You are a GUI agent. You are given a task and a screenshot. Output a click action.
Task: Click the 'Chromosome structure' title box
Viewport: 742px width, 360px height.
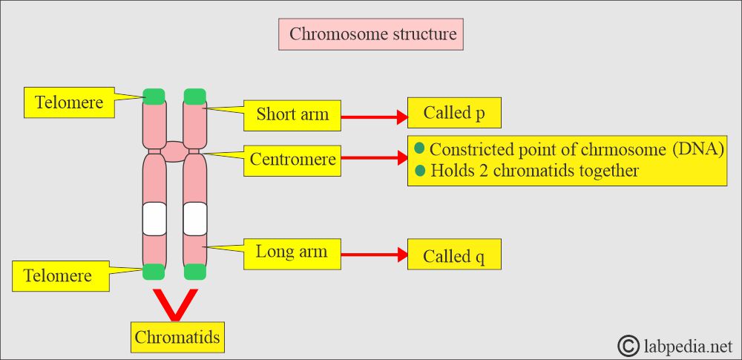370,34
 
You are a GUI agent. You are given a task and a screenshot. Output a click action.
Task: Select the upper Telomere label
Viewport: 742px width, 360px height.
69,102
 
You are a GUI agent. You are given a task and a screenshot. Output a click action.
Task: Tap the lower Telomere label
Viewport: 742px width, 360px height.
61,275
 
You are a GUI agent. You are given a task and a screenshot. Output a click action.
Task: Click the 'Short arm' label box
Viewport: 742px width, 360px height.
292,115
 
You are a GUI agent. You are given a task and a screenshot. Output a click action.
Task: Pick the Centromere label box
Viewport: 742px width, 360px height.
292,160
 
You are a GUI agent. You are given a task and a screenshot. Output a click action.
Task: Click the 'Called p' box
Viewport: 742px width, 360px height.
454,113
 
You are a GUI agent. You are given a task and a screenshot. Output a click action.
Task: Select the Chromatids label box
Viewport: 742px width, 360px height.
177,337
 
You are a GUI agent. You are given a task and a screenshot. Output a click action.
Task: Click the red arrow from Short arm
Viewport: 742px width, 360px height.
374,117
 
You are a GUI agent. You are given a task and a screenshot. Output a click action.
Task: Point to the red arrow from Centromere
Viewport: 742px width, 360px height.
374,158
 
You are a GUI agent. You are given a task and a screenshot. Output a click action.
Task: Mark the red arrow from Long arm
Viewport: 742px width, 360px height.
374,255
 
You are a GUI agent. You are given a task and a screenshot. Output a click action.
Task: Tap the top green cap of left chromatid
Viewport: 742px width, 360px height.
154,96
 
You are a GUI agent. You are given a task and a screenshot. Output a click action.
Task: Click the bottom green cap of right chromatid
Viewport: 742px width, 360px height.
195,272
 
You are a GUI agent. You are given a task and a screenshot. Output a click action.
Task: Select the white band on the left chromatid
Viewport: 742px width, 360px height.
154,219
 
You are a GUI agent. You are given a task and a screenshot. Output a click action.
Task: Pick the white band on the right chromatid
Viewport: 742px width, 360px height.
195,219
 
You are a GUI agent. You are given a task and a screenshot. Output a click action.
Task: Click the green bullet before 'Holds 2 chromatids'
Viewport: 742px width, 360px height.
420,170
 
